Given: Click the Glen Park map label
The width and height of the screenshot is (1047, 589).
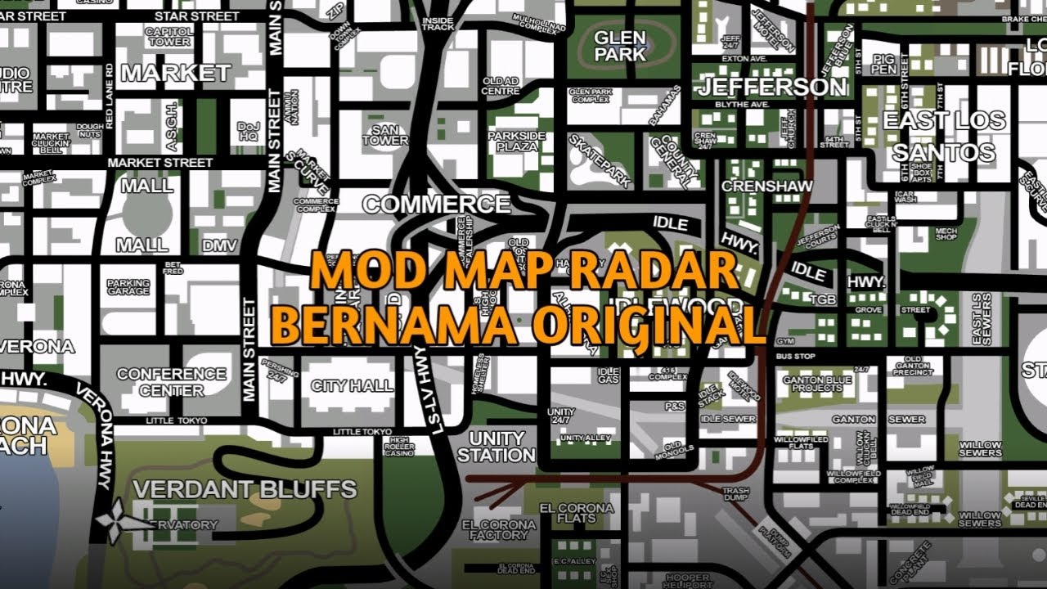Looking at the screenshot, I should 620,47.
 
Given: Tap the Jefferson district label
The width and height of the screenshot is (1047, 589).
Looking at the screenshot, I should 772,86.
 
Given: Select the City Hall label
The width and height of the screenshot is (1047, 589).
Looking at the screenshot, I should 352,385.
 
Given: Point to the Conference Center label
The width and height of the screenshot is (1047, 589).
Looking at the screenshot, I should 171,382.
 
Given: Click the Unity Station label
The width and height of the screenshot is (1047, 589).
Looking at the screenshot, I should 497,447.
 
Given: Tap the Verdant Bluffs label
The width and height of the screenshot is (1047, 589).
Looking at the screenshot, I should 245,489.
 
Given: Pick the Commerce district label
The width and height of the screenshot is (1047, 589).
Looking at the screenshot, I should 436,204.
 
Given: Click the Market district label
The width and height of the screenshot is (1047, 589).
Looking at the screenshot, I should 176,73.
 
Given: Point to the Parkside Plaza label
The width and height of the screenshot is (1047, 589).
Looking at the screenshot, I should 517,141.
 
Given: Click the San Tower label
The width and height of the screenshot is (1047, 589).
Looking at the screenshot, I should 384,135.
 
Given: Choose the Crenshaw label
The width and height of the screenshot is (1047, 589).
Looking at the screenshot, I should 766,187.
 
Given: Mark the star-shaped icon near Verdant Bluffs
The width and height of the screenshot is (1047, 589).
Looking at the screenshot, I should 115,517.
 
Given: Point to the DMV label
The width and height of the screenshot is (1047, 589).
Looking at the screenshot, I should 219,245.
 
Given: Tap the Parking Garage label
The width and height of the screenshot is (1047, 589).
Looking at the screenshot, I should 128,286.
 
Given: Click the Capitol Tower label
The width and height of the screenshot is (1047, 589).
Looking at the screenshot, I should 168,37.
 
